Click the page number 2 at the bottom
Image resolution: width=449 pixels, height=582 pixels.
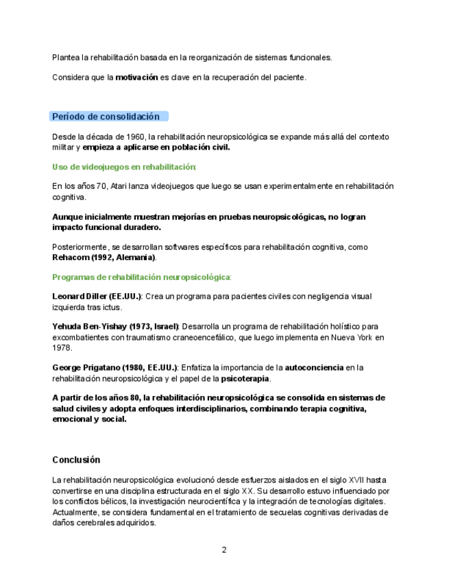(224, 550)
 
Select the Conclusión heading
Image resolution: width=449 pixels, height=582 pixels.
(76, 460)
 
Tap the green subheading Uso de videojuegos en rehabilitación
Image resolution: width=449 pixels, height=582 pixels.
(124, 167)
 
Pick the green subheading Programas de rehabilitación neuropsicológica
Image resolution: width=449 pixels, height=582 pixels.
(141, 277)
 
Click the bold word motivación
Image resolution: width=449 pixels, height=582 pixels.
(136, 78)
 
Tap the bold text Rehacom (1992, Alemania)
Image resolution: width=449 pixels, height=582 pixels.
(104, 258)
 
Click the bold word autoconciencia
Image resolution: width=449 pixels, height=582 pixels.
(314, 368)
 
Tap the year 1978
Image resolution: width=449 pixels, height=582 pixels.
(62, 348)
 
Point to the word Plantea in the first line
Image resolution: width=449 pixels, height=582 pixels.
(66, 58)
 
